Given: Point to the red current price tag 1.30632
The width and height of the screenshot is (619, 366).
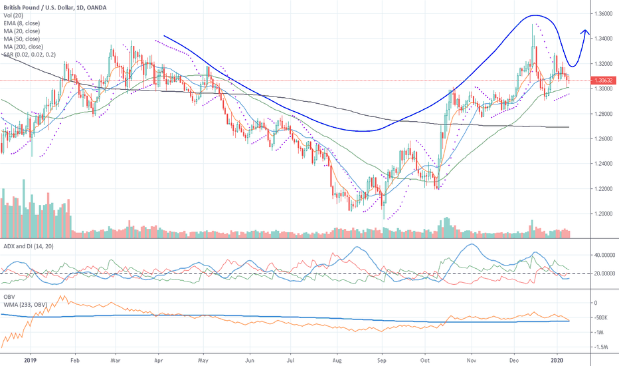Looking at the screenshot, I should click(x=604, y=81).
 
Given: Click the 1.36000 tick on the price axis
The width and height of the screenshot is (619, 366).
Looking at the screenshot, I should click(x=604, y=13).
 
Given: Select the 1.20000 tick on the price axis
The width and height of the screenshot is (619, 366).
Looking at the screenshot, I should click(x=604, y=214).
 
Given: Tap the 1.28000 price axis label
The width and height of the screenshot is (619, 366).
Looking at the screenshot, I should click(x=604, y=114).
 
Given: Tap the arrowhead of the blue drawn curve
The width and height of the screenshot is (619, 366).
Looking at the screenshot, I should click(x=585, y=31).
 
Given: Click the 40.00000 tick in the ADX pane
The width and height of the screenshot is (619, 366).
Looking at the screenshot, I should click(x=604, y=255).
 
